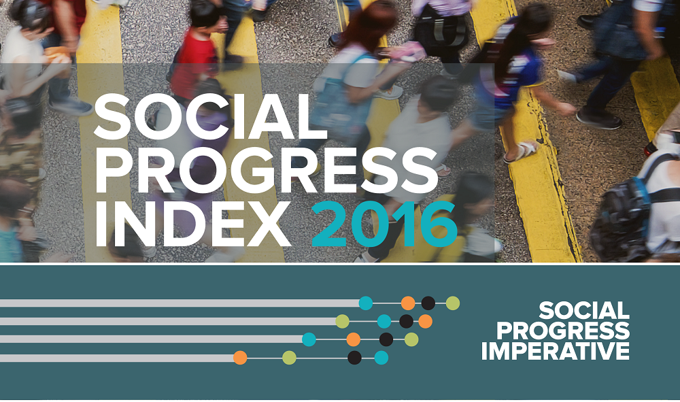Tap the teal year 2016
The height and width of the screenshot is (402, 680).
click(x=384, y=224)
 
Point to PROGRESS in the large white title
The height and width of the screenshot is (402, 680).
click(x=267, y=171)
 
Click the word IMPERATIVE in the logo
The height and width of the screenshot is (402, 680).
click(x=555, y=351)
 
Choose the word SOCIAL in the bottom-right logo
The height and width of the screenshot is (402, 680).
click(x=583, y=311)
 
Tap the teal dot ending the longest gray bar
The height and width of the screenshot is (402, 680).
click(x=366, y=303)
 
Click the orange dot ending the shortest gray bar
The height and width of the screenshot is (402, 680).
click(x=240, y=358)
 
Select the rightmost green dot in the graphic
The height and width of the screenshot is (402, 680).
click(x=453, y=303)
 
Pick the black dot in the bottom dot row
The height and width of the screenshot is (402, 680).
click(x=354, y=358)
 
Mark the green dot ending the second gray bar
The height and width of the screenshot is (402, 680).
click(x=342, y=321)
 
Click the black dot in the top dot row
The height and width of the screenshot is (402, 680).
click(x=428, y=303)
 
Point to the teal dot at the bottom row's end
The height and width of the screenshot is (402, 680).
click(x=381, y=358)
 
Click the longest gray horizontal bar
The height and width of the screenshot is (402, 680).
click(x=180, y=303)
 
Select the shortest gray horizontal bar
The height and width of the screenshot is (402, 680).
click(x=117, y=358)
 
